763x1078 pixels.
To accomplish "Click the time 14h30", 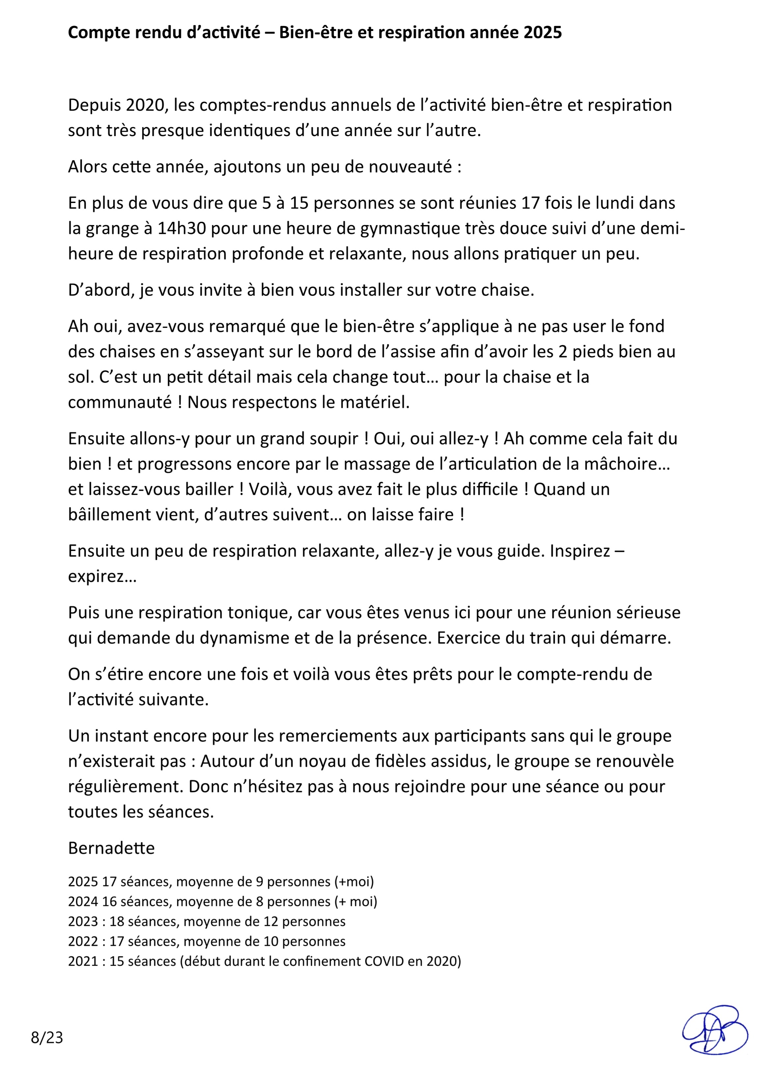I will tap(183, 228).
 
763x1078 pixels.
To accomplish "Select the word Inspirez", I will tap(580, 551).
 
